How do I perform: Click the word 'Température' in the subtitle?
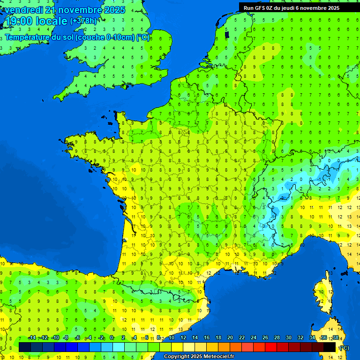[27, 37]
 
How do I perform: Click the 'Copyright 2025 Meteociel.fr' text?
[199, 357]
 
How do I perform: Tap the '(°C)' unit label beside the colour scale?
[344, 348]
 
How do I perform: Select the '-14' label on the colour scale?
[32, 338]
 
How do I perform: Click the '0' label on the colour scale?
[112, 338]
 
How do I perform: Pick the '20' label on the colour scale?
[230, 338]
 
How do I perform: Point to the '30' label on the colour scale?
[288, 338]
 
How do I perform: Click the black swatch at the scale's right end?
[330, 347]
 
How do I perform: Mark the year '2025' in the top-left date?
[115, 10]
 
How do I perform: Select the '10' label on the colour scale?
[171, 338]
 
